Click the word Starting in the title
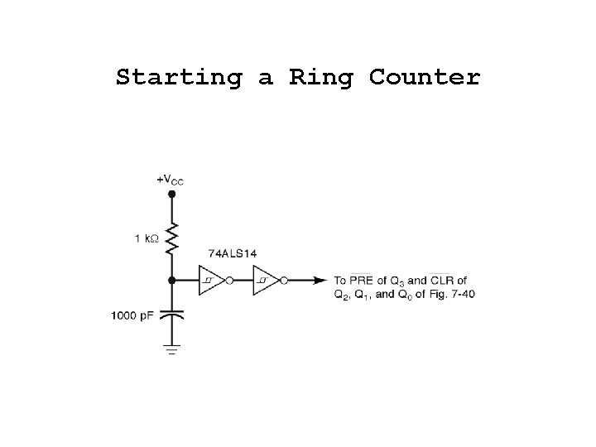pos(179,78)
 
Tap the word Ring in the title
pos(320,78)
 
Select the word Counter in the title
pos(425,78)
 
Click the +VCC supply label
pos(171,179)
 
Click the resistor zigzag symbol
pos(172,238)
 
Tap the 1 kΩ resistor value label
pos(148,239)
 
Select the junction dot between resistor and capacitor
pos(172,280)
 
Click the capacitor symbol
pos(172,315)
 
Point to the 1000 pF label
pos(132,315)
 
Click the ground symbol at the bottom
pos(172,348)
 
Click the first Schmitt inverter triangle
pos(210,280)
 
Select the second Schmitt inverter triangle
pos(265,280)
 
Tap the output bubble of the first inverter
pos(229,280)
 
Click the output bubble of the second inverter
pos(284,280)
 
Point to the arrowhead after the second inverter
pos(320,280)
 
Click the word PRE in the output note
pos(362,280)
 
